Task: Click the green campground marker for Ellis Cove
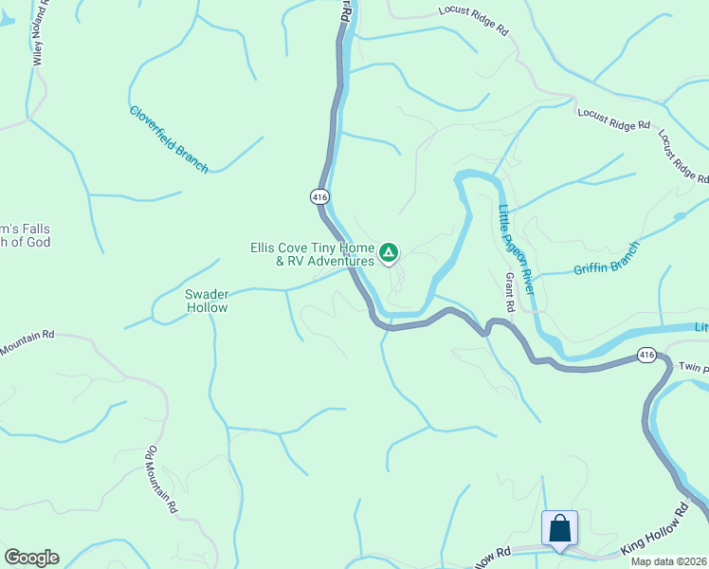pyautogui.click(x=388, y=252)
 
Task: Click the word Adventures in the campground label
pyautogui.click(x=332, y=261)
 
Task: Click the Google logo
pyautogui.click(x=31, y=558)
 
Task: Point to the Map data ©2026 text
pyautogui.click(x=668, y=561)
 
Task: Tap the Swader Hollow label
pyautogui.click(x=207, y=301)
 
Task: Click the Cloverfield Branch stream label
pyautogui.click(x=169, y=138)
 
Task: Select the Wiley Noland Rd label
pyautogui.click(x=39, y=33)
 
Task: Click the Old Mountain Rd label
pyautogui.click(x=161, y=479)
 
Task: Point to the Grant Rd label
pyautogui.click(x=509, y=292)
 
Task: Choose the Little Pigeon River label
pyautogui.click(x=517, y=248)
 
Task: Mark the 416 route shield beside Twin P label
pyautogui.click(x=646, y=356)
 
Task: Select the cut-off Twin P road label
pyautogui.click(x=693, y=366)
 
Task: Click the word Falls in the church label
pyautogui.click(x=28, y=229)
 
